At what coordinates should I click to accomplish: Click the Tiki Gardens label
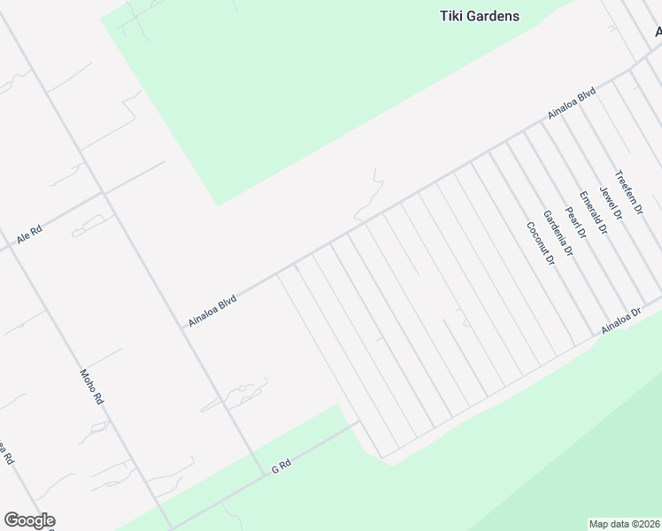[x=479, y=16]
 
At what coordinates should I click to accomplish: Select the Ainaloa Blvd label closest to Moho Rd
[x=212, y=312]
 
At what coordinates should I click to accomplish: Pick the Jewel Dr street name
[x=612, y=202]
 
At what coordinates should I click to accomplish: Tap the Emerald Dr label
[x=593, y=212]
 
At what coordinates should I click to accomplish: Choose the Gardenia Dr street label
[x=558, y=235]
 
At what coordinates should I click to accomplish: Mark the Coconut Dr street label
[x=540, y=244]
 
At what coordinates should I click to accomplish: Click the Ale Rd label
[x=29, y=235]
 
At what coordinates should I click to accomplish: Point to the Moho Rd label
[x=92, y=388]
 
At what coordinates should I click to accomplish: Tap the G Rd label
[x=281, y=465]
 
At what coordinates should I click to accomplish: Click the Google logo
[x=29, y=520]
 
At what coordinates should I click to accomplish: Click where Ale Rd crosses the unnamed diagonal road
[x=104, y=192]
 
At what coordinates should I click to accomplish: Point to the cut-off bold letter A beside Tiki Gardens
[x=658, y=32]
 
